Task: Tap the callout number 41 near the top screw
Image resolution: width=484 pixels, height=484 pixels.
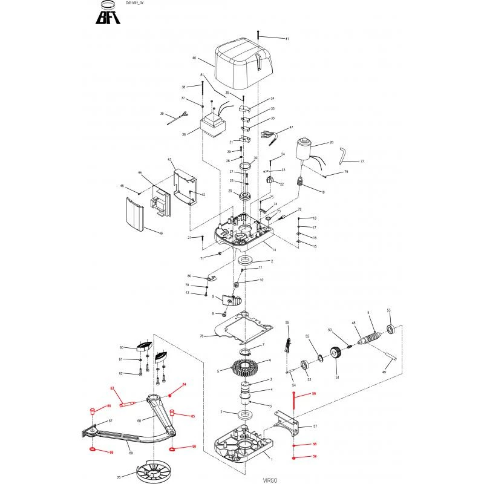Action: click(x=287, y=39)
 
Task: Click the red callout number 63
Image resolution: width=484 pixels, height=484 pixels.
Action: click(x=112, y=388)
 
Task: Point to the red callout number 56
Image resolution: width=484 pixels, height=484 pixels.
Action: click(x=313, y=394)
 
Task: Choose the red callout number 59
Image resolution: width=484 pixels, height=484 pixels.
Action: click(x=313, y=456)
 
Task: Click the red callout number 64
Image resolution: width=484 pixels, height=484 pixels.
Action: click(x=185, y=385)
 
